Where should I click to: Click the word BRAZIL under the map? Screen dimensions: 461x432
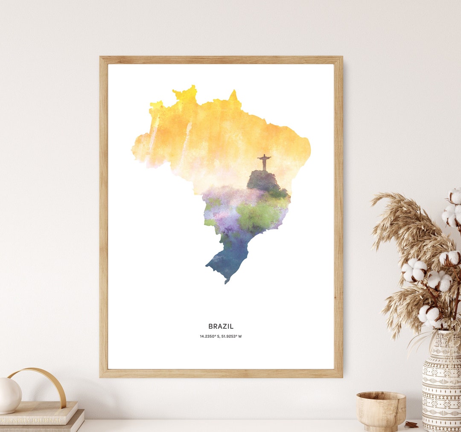click(221, 326)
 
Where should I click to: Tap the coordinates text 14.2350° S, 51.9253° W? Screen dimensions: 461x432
click(221, 336)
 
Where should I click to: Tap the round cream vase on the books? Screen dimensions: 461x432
click(9, 395)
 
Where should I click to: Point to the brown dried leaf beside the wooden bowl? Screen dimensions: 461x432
click(411, 424)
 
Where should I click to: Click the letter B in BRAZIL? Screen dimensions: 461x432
click(210, 326)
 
